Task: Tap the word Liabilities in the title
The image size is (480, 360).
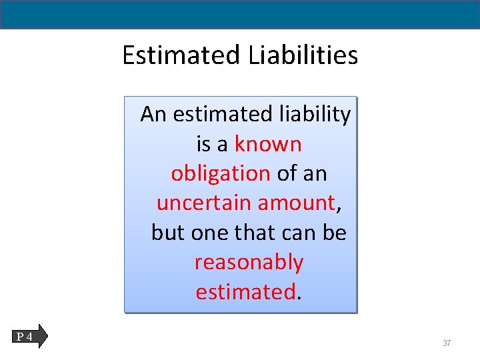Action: point(303,55)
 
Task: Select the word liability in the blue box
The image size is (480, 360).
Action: point(311,115)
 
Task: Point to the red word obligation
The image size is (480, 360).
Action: point(220,173)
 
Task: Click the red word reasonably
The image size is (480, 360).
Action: point(249,262)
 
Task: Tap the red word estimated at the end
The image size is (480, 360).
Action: point(245,291)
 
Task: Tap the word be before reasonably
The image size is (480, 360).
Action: point(335,233)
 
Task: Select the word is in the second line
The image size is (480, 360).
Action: point(203,144)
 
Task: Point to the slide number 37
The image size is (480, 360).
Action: point(447,343)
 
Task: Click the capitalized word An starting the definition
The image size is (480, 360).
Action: point(154,115)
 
